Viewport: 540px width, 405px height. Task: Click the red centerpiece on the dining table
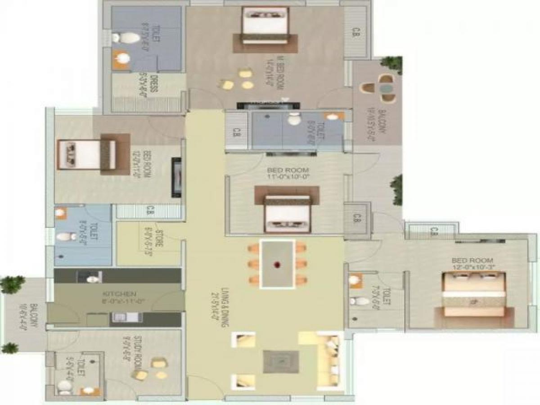click(277, 264)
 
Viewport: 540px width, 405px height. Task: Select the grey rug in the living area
click(281, 361)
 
